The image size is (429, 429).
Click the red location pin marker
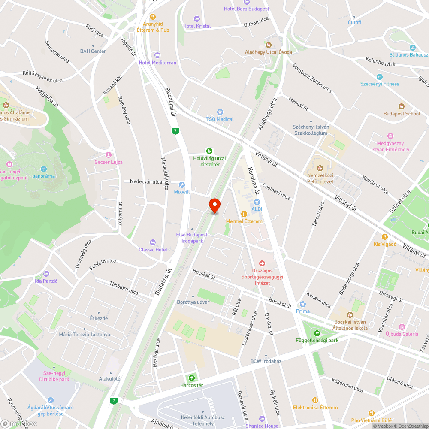(x=214, y=205)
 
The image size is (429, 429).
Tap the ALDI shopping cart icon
(x=257, y=202)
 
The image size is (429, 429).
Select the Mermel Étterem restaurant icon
(x=244, y=214)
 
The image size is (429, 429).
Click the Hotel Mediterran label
(x=157, y=63)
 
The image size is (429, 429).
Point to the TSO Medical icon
(x=220, y=112)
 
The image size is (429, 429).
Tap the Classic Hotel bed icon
(x=153, y=243)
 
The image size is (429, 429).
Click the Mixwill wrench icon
(x=182, y=185)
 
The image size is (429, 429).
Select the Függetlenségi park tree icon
(x=317, y=333)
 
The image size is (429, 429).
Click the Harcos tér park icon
(x=191, y=378)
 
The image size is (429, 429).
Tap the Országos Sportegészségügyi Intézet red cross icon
(x=262, y=263)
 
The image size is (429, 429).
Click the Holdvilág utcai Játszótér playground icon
(x=209, y=151)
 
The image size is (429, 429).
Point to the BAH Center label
(x=93, y=51)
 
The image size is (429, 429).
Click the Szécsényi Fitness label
(x=379, y=84)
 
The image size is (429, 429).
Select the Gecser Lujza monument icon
(x=109, y=155)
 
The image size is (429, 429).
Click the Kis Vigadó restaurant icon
(x=385, y=237)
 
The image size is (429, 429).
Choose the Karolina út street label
(x=252, y=182)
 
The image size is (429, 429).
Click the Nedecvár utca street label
(x=146, y=182)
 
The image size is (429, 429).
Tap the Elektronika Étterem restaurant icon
(x=315, y=400)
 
